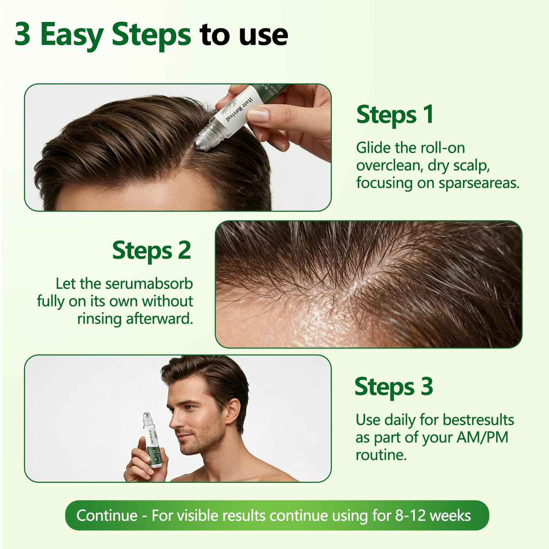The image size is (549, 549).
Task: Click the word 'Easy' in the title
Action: [71, 35]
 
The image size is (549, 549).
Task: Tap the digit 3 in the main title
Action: [22, 34]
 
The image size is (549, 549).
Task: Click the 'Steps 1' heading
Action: [395, 115]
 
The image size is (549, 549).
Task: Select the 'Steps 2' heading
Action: [151, 251]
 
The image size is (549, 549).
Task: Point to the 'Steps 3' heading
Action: [394, 387]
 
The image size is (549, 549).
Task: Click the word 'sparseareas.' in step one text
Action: [479, 183]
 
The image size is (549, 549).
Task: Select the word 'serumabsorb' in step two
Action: [149, 284]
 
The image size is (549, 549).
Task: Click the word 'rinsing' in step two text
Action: [100, 319]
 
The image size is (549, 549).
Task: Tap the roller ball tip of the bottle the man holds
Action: [147, 417]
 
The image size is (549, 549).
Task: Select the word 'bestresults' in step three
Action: [479, 420]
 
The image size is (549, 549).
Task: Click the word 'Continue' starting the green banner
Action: [107, 516]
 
